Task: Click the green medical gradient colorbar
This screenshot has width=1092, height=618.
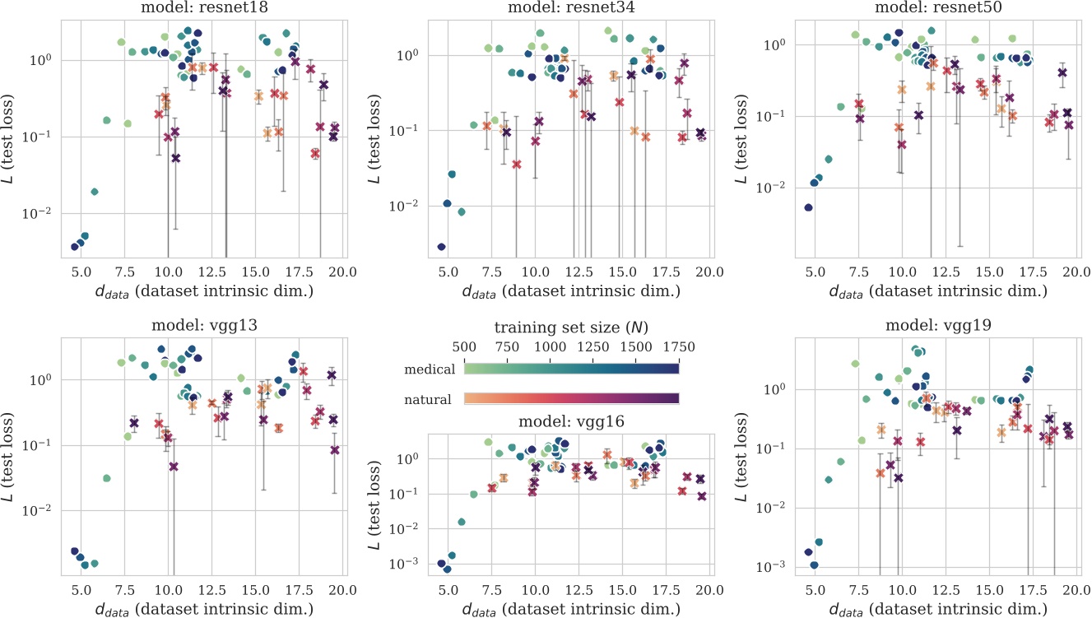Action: (x=571, y=369)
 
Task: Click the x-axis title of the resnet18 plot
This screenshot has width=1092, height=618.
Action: (x=204, y=292)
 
